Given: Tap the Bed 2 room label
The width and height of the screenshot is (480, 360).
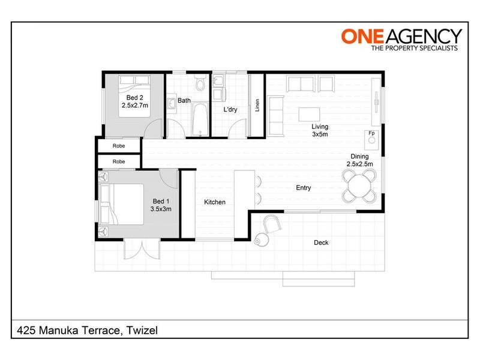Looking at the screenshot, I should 134,101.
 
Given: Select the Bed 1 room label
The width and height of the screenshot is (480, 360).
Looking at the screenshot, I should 161,205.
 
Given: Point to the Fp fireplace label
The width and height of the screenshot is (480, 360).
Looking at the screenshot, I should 371,133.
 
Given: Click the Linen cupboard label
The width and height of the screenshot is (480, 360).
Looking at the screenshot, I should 257,105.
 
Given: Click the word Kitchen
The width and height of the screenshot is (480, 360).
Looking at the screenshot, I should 215,202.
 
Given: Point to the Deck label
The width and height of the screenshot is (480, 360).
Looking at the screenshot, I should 322,243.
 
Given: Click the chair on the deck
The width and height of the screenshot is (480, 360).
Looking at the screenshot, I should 272,224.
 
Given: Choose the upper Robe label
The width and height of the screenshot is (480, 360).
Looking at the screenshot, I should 119,146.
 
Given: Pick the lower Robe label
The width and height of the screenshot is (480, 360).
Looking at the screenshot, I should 119,161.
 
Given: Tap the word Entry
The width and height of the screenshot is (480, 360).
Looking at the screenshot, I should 303,188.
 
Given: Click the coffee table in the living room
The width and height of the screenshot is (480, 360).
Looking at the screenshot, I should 310,113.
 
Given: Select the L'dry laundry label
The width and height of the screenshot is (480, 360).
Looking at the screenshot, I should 231,110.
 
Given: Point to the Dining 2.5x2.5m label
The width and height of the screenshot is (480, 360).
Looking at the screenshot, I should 362,160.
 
